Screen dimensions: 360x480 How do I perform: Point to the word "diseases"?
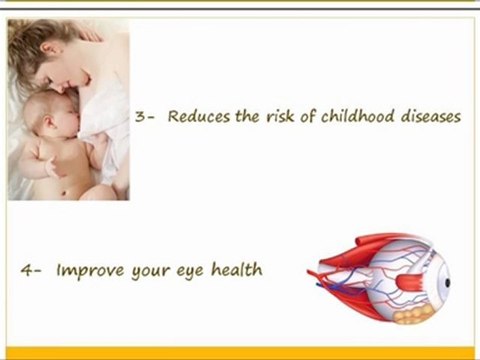pyautogui.click(x=428, y=116)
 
